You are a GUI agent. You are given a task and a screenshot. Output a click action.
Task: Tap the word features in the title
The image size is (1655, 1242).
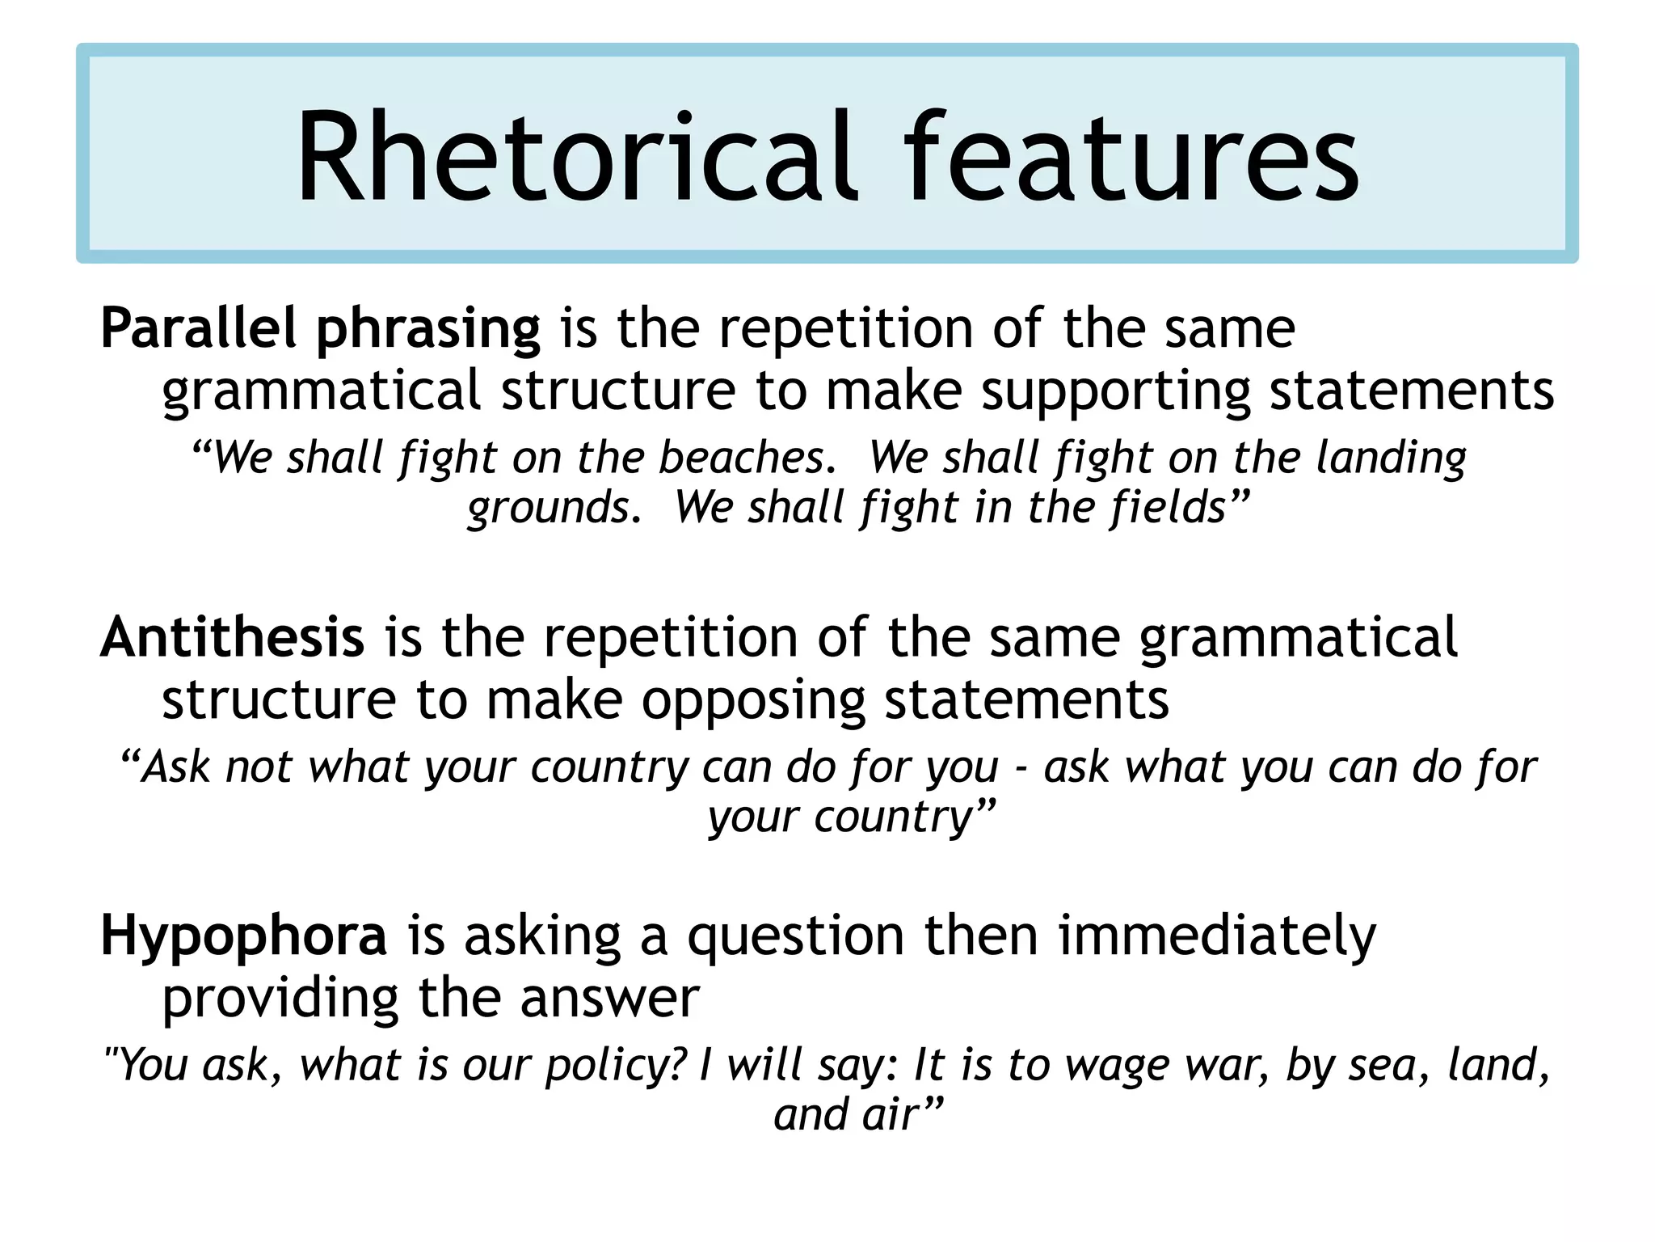[x=1131, y=158]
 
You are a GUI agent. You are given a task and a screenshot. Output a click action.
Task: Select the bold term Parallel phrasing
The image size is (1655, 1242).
[x=320, y=330]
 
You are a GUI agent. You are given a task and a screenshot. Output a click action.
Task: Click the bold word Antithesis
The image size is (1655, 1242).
[x=233, y=638]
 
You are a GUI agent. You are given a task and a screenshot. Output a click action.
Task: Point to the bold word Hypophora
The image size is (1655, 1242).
[x=244, y=936]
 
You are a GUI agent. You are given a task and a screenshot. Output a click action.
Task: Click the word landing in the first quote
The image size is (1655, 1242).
[x=1391, y=458]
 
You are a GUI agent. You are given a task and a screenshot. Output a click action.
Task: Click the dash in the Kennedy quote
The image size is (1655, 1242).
[x=1021, y=768]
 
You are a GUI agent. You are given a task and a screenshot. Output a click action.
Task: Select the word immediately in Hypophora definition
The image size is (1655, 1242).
[x=1216, y=936]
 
